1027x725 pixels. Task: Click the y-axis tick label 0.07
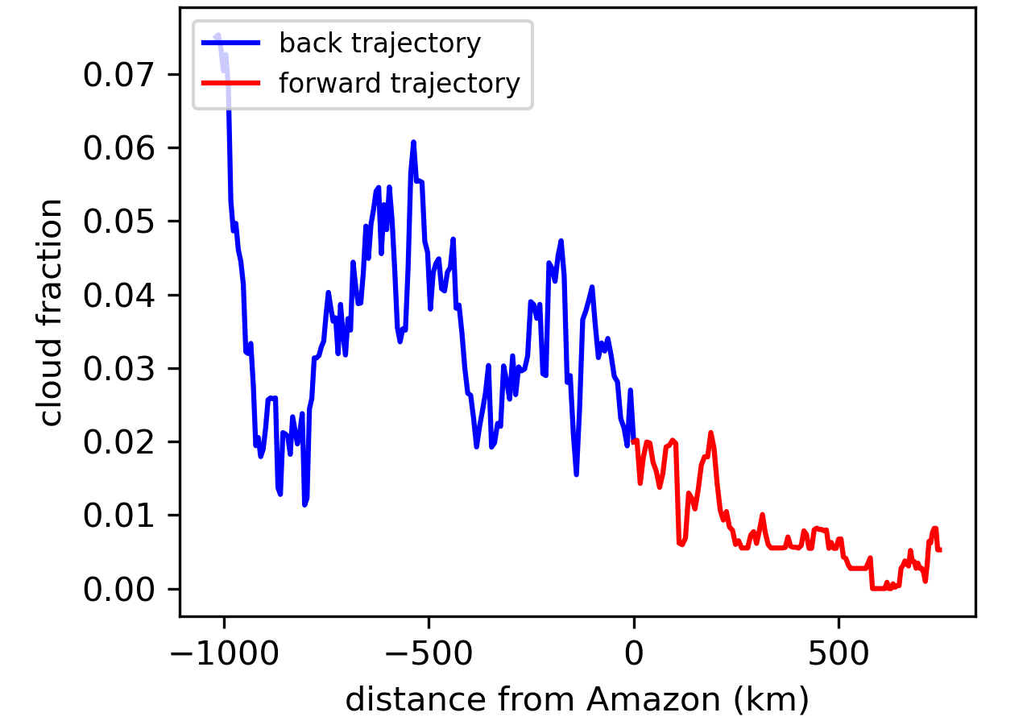tap(118, 75)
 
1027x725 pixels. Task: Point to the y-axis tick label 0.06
tap(118, 148)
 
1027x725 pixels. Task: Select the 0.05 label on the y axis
tap(118, 222)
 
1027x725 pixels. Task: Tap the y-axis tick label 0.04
tap(118, 296)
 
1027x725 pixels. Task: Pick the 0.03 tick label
tap(118, 369)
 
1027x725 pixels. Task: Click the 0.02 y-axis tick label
tap(118, 442)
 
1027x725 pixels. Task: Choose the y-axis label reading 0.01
tap(118, 516)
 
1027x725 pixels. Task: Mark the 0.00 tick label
tap(118, 590)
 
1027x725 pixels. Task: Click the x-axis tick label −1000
tap(224, 653)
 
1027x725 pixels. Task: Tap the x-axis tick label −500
tap(429, 653)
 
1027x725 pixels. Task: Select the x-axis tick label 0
tap(634, 653)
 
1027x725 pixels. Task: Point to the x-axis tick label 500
tap(839, 653)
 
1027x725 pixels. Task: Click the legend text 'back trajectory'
tap(380, 43)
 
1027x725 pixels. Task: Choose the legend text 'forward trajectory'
tap(400, 84)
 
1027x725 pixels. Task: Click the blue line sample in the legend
tap(231, 43)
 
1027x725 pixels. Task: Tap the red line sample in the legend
tap(231, 83)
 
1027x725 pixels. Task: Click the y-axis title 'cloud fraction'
tap(49, 313)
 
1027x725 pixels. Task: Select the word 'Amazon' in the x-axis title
tap(654, 699)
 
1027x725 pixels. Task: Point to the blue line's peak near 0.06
tap(413, 143)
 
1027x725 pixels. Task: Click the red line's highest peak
tap(710, 433)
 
